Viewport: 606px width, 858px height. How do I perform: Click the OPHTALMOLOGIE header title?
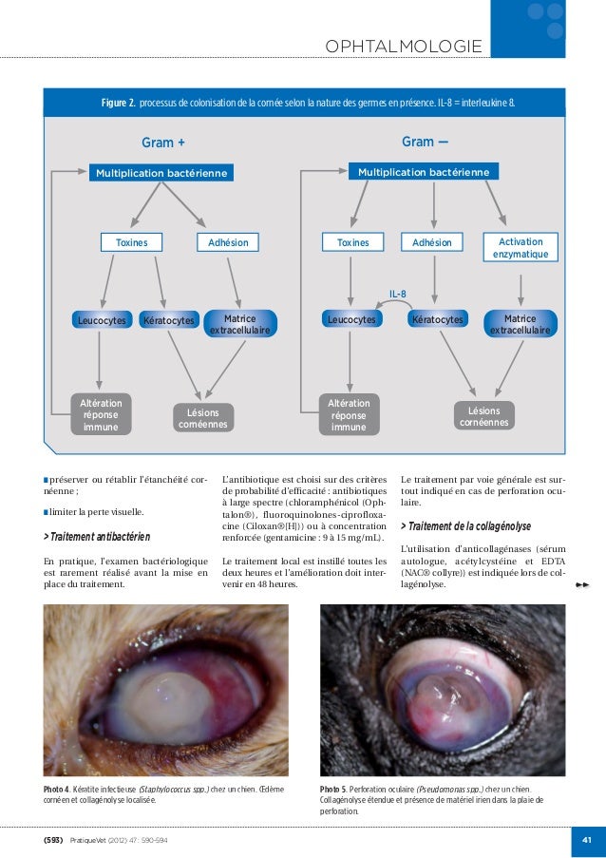point(403,48)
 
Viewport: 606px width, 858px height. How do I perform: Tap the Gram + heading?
point(162,143)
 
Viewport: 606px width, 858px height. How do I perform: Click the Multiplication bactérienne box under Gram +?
point(161,173)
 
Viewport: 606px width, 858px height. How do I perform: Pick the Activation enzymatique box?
point(521,248)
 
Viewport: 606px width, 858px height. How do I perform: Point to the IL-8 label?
point(398,294)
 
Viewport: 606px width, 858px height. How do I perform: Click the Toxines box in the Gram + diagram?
point(131,243)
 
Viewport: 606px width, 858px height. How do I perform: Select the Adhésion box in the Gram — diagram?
point(432,243)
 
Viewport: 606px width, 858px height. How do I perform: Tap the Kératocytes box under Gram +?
point(168,321)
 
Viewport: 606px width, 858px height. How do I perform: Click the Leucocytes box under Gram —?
point(351,320)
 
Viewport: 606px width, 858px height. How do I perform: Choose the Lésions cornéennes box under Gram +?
point(203,418)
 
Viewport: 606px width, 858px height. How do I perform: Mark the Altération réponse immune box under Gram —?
point(348,415)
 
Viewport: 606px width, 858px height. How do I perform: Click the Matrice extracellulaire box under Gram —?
point(520,324)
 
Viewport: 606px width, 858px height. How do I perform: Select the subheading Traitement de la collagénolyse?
point(468,525)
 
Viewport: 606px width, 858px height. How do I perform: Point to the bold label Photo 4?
point(57,790)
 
